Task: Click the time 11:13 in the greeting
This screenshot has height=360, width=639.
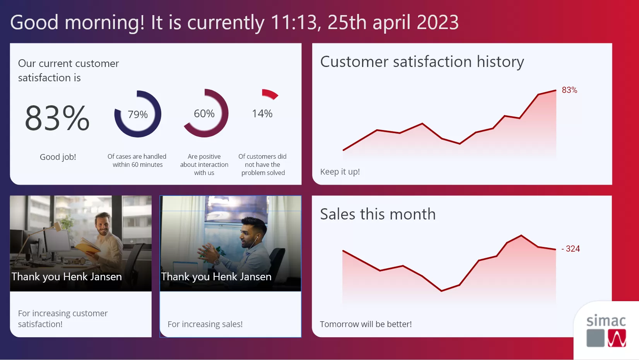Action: point(294,22)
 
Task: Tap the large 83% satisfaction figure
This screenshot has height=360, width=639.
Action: point(57,118)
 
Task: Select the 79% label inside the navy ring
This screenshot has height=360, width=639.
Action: point(138,115)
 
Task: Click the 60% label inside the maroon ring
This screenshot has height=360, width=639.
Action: point(204,114)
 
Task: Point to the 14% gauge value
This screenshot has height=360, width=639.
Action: point(262,114)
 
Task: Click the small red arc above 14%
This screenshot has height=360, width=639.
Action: point(270,93)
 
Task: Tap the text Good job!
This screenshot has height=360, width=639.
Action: point(58,157)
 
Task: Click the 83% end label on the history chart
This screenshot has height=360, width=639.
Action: point(569,90)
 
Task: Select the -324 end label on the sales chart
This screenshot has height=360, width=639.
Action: point(571,249)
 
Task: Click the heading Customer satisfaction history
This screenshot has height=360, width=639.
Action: point(422,62)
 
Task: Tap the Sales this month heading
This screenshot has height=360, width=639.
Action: point(378,214)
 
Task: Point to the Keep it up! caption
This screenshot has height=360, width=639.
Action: point(340,171)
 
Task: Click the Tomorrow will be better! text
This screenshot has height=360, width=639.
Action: point(366,324)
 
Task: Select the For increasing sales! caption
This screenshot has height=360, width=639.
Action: point(205,324)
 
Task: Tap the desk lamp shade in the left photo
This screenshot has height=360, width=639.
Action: point(58,226)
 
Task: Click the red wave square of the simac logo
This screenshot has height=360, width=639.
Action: point(617,338)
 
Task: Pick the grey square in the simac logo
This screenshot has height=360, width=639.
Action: point(596,338)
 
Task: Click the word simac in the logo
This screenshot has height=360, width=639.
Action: point(606,321)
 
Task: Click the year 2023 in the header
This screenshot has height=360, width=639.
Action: point(437,22)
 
